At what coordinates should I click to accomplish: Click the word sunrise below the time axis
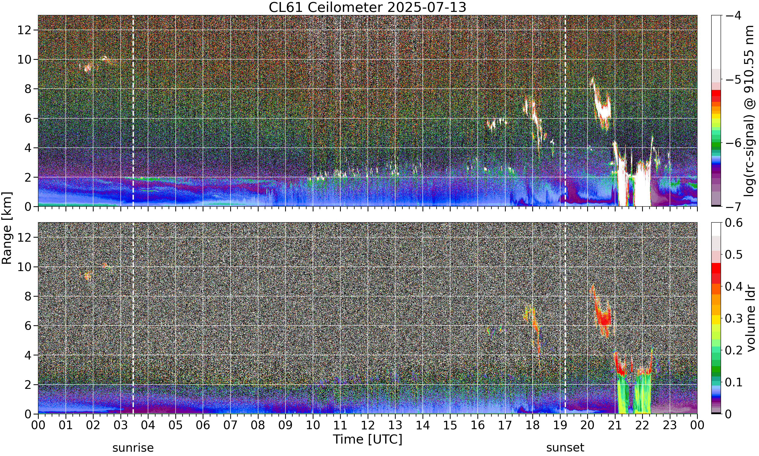(133, 447)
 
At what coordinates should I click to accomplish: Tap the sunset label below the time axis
(565, 447)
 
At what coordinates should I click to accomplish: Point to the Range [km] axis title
(7, 228)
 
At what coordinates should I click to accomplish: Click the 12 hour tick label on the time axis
(368, 425)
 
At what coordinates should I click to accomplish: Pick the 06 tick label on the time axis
(203, 425)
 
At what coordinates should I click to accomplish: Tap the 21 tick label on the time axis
(615, 425)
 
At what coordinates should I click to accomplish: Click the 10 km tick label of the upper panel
(24, 60)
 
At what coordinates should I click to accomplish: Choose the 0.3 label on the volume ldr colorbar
(734, 318)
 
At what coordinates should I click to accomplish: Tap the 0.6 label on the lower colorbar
(734, 223)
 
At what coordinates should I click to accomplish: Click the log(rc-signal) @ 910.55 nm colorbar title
(749, 111)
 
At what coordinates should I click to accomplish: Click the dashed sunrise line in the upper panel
(133, 111)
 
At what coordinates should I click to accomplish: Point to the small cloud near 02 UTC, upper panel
(88, 68)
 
